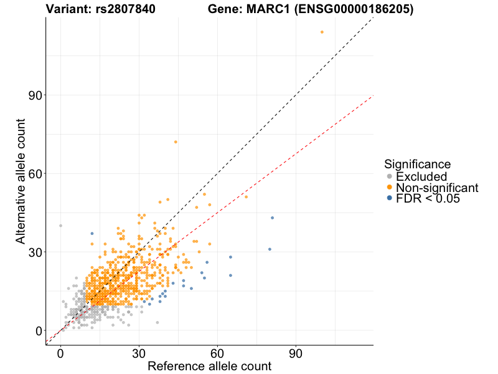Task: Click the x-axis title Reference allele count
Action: (209, 366)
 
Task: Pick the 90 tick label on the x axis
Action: (296, 353)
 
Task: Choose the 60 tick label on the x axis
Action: (217, 353)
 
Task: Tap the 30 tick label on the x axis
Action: (139, 353)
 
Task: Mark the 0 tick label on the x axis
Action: (60, 353)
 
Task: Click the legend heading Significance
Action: (417, 165)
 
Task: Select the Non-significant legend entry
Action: (436, 188)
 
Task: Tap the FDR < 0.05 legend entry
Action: (428, 198)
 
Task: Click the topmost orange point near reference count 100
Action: (322, 32)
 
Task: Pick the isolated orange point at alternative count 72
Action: (176, 142)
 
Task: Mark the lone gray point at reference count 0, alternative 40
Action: (60, 226)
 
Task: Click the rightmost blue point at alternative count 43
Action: (272, 218)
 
